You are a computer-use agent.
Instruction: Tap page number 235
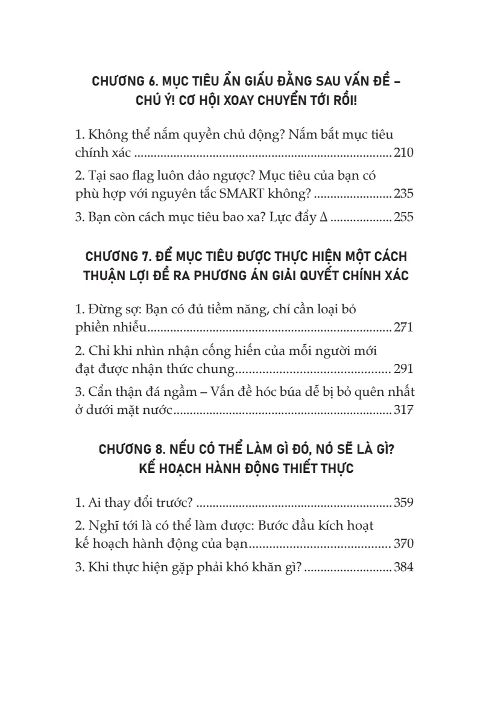click(x=403, y=195)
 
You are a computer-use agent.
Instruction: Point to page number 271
click(x=403, y=329)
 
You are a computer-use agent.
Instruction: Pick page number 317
click(x=403, y=412)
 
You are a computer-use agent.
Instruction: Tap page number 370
click(x=403, y=546)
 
